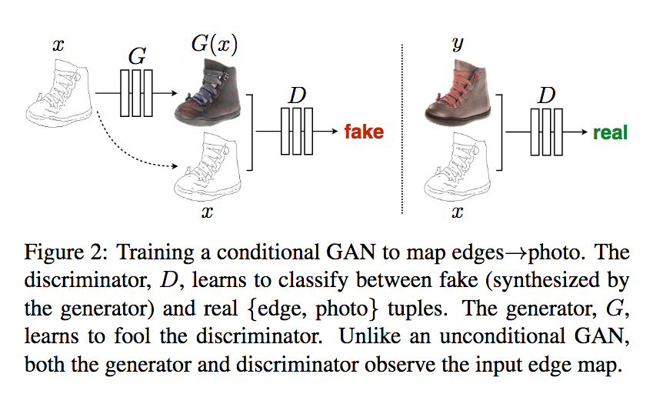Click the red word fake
pos(364,132)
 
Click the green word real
pos(610,132)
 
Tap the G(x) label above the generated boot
pos(215,44)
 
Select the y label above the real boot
pos(458,43)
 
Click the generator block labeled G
pos(136,93)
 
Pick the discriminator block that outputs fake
pos(297,131)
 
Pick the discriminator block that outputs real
pos(546,132)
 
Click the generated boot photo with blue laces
pos(208,92)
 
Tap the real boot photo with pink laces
pos(458,92)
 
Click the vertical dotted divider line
pos(401,129)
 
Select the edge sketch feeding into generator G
pos(59,93)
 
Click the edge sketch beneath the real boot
pos(458,168)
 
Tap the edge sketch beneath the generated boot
pos(208,168)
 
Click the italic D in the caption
pos(169,280)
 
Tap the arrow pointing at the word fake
pos(325,131)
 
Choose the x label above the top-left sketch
pos(58,45)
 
